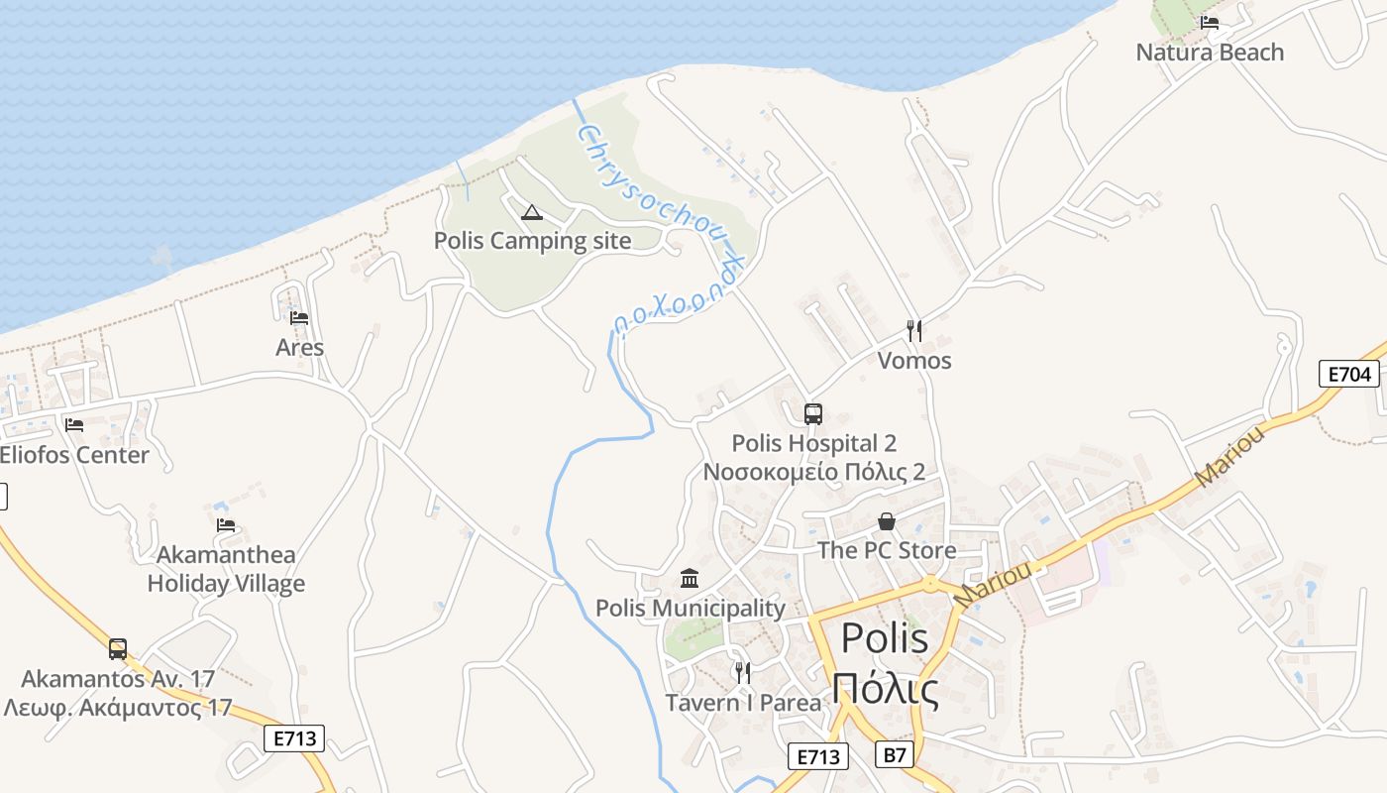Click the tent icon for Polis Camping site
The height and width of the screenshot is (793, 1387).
[x=532, y=212]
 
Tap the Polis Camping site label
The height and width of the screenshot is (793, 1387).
[x=532, y=240]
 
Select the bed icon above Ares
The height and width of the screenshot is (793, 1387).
[x=299, y=318]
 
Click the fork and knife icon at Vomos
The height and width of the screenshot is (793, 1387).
[x=914, y=331]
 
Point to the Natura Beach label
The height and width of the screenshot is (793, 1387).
[x=1210, y=53]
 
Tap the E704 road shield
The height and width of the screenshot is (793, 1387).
[x=1349, y=374]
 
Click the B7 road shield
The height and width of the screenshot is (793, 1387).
[x=895, y=755]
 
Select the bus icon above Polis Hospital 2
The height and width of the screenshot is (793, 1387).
[x=813, y=414]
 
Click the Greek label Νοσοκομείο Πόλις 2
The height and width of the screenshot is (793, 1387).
[x=813, y=472]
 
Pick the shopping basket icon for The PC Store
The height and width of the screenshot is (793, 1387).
[x=887, y=521]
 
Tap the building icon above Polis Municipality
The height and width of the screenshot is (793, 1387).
[x=690, y=578]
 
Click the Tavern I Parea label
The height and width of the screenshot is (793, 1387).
[x=743, y=703]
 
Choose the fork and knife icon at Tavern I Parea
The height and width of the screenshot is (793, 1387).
[x=742, y=673]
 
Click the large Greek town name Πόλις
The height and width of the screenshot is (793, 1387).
[x=885, y=689]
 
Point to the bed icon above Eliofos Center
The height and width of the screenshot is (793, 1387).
[x=74, y=425]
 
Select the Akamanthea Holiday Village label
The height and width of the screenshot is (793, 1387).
[x=226, y=569]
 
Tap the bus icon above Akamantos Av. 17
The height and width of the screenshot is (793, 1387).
[x=118, y=649]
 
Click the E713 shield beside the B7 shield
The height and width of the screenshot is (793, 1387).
[x=819, y=756]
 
